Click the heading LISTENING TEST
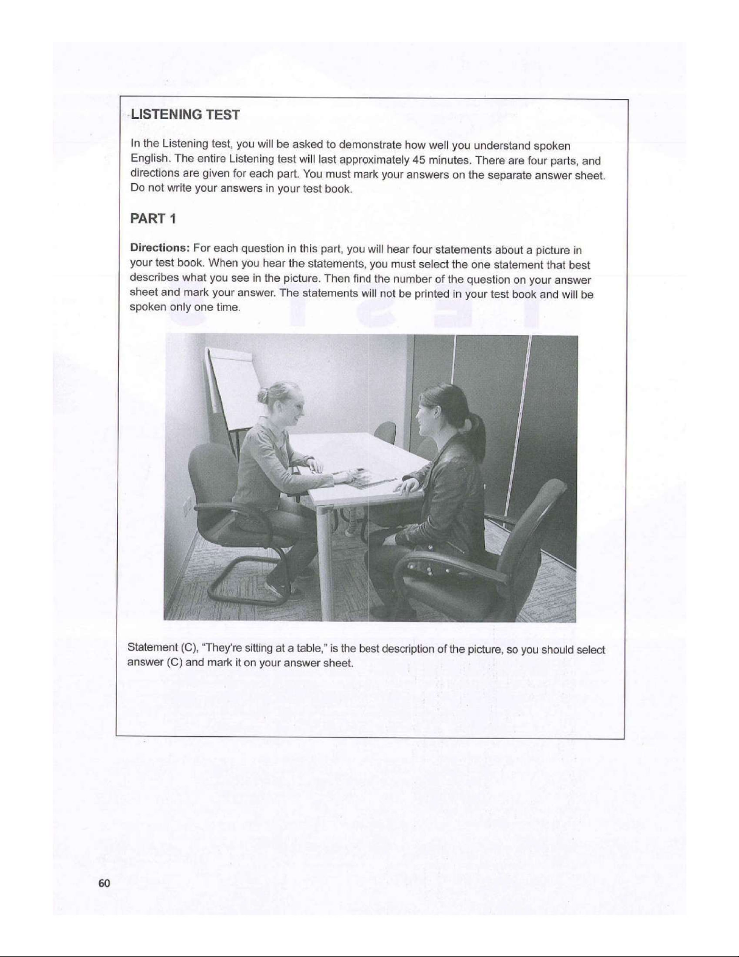(x=186, y=115)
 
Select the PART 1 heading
(x=153, y=219)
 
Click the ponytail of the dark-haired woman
(x=478, y=426)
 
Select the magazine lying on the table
(x=362, y=477)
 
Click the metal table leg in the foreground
(x=326, y=562)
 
